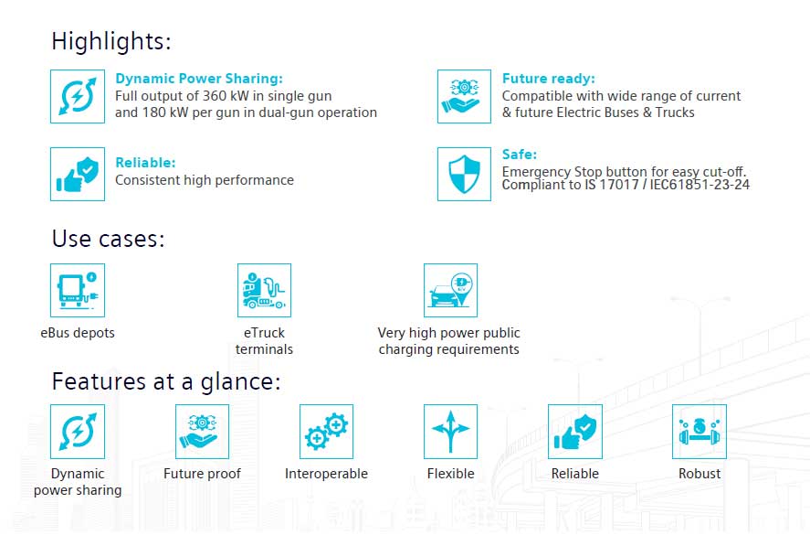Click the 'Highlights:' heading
coord(111,41)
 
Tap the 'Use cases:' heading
coord(109,239)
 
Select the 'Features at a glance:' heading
coord(166,382)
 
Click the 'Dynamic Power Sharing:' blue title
coord(199,78)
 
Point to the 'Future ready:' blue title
coord(549,78)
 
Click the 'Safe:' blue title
coord(520,155)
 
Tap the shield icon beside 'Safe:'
coord(464,174)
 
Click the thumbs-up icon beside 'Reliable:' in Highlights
coord(78,174)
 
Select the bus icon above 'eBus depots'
coord(78,290)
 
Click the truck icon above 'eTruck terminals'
coord(264,290)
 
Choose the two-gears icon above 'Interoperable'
coord(327,432)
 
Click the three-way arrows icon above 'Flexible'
coord(450,432)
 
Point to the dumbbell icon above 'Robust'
coord(700,432)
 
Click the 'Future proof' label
coord(202,474)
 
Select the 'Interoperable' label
coord(327,474)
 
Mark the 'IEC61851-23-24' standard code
coord(700,185)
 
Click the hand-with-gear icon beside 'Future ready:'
coord(464,96)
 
